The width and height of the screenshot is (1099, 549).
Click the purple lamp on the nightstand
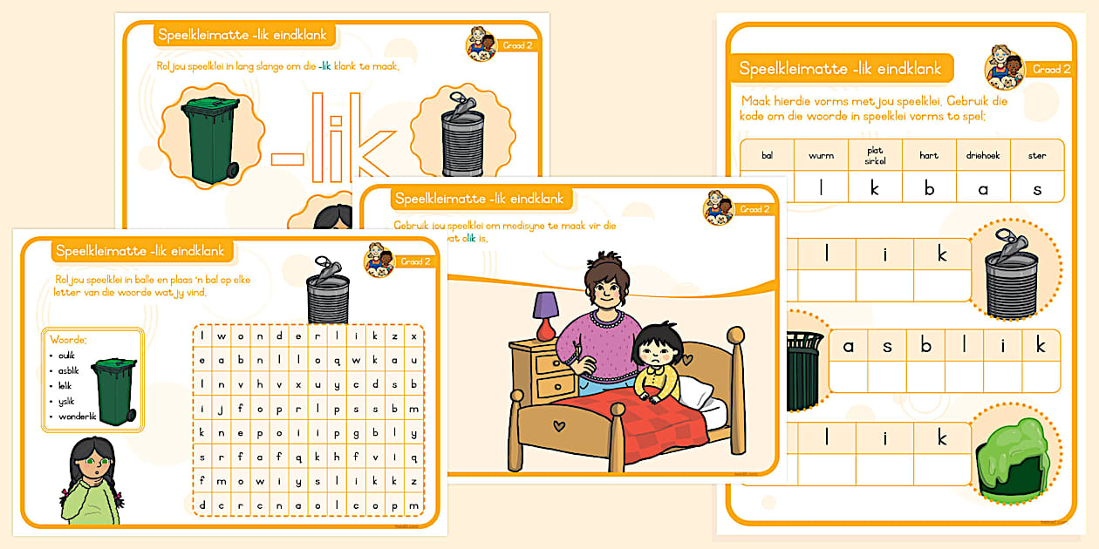(546, 313)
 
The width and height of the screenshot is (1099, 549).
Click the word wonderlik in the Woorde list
(77, 416)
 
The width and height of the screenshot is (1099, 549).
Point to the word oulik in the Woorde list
(68, 355)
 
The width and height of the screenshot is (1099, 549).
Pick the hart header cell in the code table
(929, 155)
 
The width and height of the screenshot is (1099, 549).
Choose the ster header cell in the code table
(1037, 155)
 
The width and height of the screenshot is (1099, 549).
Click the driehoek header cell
(983, 155)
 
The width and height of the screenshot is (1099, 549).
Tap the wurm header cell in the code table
(821, 155)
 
